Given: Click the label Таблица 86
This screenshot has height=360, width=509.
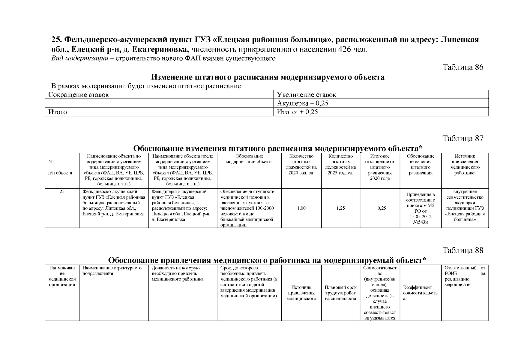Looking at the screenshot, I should point(463,67).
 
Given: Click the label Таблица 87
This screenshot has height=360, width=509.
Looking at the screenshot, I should point(463,138).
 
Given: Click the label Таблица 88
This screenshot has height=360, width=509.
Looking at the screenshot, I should point(463,250).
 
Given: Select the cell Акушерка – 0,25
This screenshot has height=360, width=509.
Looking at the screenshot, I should point(303,103).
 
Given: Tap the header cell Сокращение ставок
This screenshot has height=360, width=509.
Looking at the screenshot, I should point(79,95).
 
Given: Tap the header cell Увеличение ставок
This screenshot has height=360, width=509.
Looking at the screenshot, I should point(307,95).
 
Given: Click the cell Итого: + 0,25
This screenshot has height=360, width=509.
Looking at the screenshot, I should point(297,112).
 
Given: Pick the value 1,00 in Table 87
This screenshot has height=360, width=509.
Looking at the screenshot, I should point(301,208).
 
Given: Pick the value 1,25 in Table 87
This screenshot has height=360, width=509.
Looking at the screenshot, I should point(340,208).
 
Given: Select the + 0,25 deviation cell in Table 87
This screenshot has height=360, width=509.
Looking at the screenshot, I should point(380,208).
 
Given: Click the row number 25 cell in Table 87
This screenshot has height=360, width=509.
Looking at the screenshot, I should point(62,192).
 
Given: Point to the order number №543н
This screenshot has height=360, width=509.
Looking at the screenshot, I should point(420,222).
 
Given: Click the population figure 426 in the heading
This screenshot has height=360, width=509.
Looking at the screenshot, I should point(345,49).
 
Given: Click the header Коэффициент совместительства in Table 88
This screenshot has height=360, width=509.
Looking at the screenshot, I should point(420,293).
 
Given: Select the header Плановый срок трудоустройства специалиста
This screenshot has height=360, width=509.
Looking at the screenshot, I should point(340,293).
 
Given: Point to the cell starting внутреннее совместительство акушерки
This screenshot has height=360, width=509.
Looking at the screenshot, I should point(465,205).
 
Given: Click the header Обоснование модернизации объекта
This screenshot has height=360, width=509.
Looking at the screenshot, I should point(249,159).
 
